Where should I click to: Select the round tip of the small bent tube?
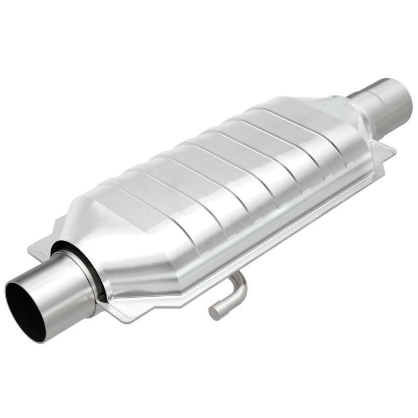(214, 313)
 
